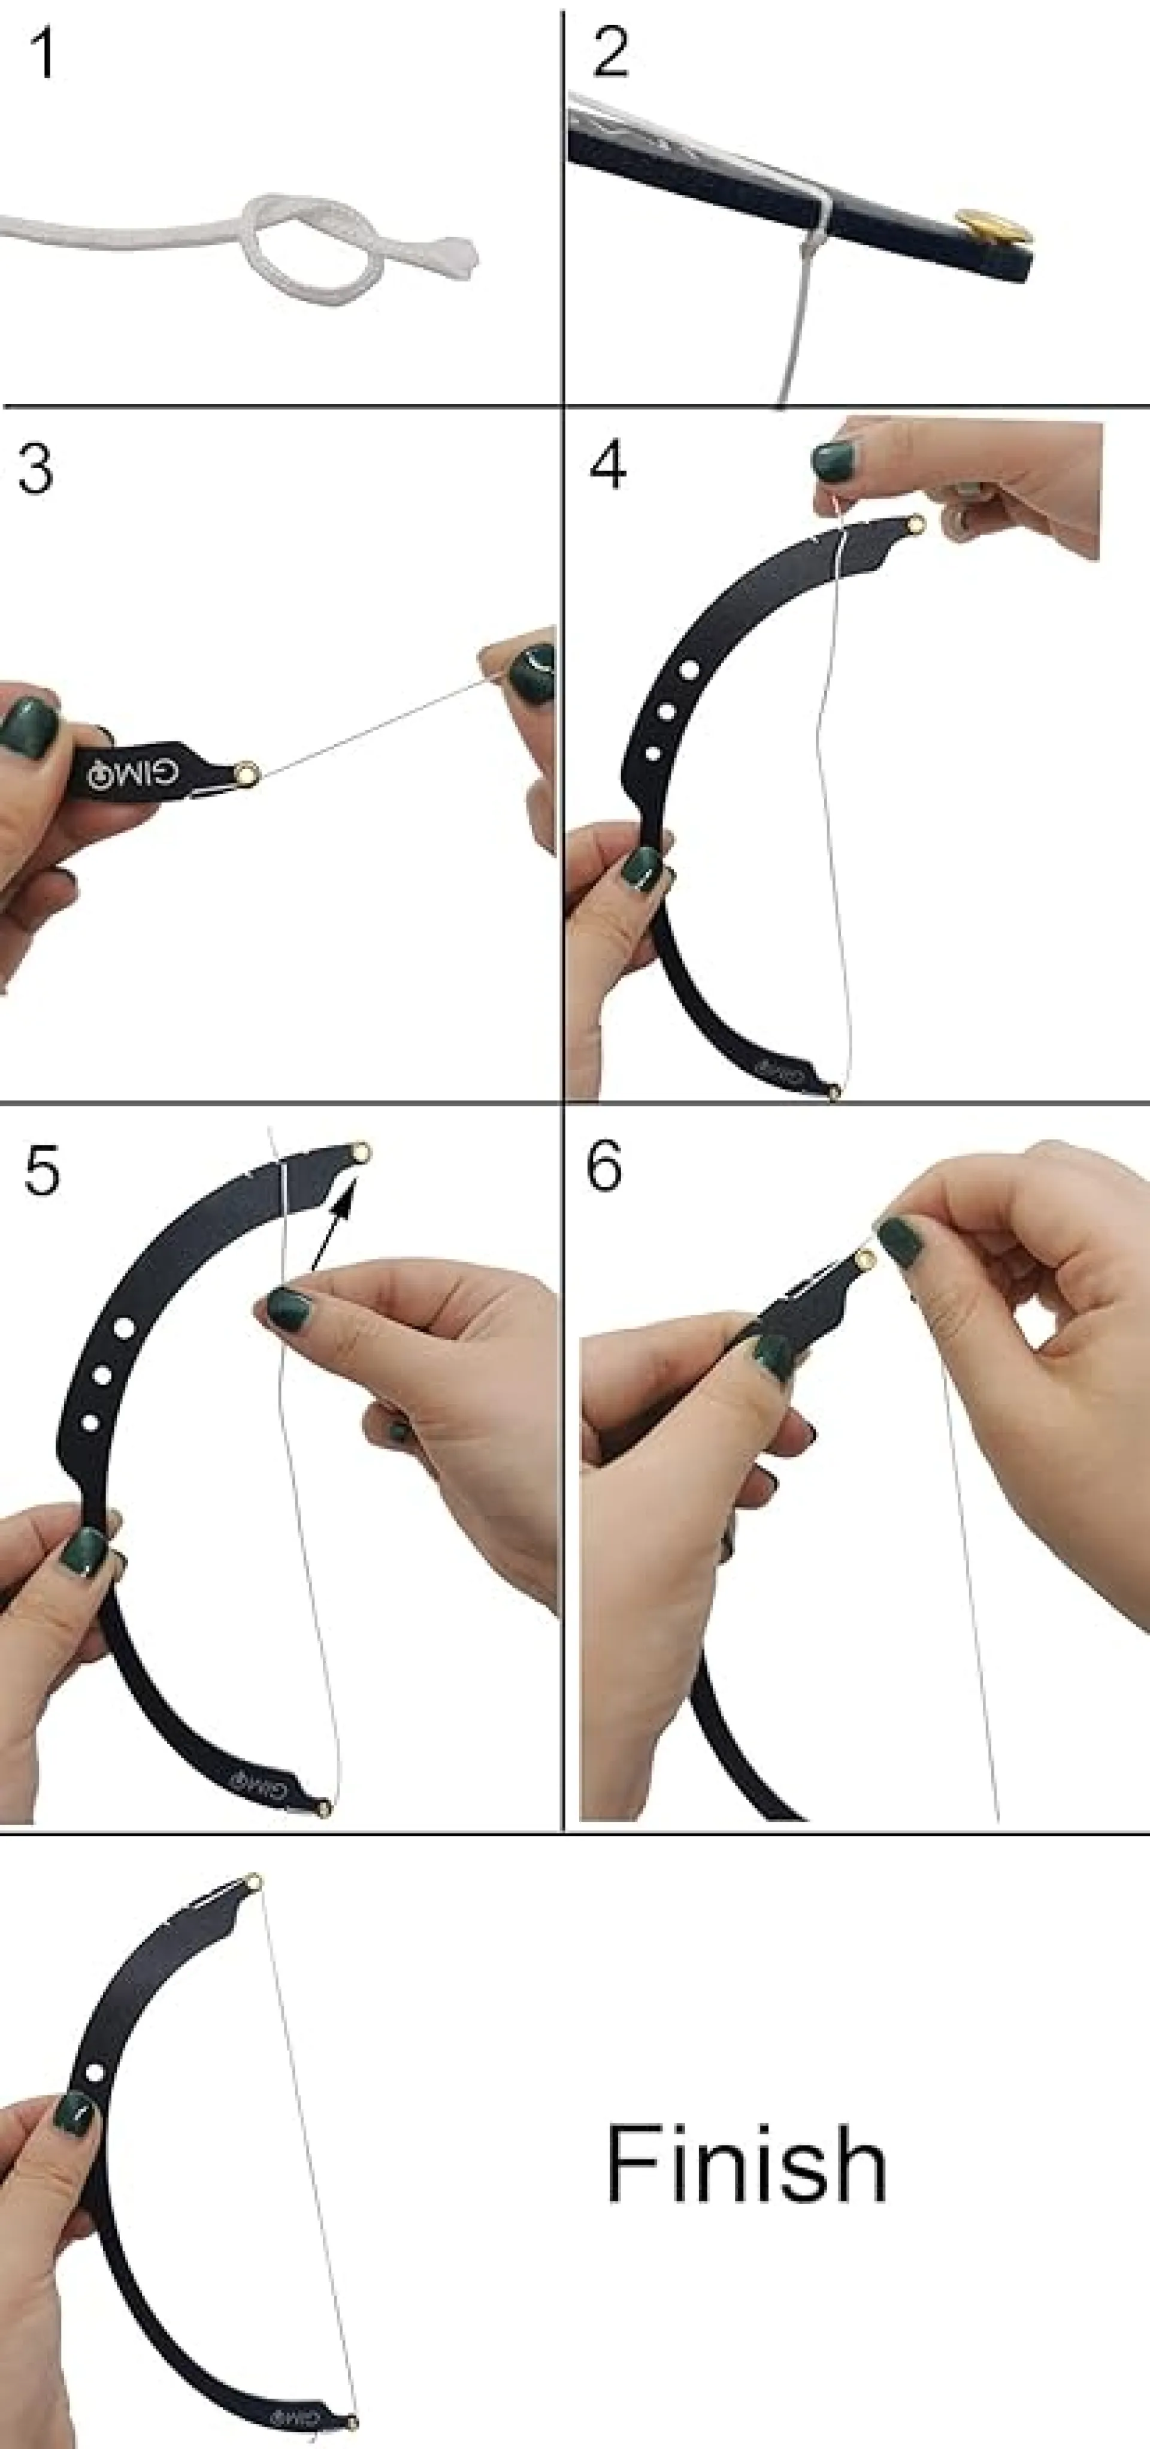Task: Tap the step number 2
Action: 610,52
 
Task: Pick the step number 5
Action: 42,1169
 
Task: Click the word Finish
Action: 747,2164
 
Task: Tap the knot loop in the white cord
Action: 314,242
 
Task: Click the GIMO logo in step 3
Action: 133,774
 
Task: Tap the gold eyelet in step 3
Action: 249,773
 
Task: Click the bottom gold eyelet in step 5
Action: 324,1806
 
